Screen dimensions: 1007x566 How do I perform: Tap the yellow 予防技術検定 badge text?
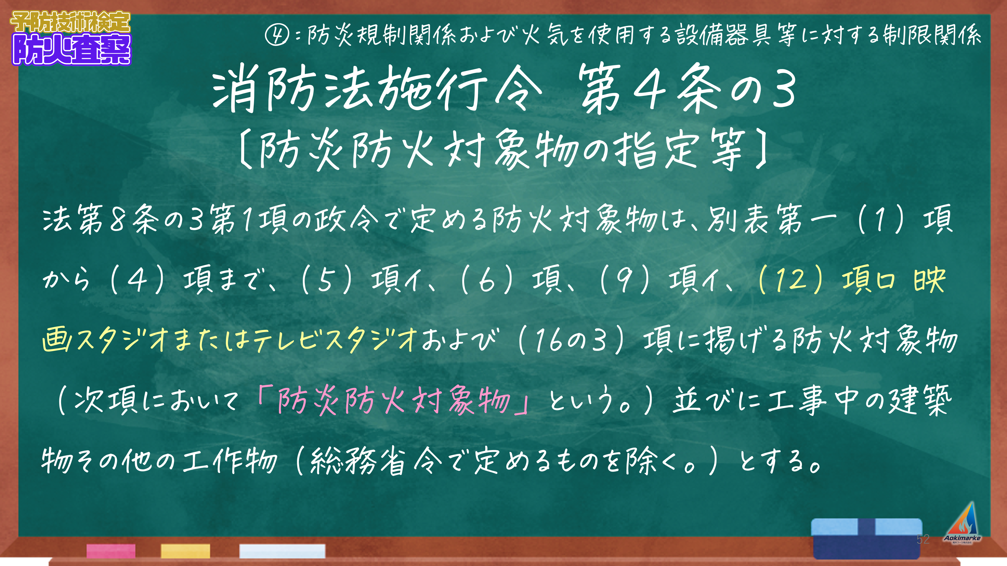70,22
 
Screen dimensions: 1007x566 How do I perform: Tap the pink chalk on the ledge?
111,551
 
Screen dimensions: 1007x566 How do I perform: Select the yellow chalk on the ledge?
185,551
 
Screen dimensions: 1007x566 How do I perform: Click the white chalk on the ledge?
282,551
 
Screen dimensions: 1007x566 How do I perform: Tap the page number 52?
923,539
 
